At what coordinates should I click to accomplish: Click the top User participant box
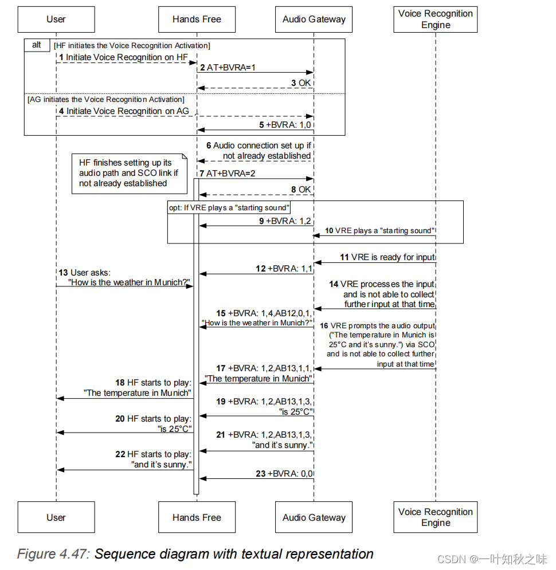point(56,19)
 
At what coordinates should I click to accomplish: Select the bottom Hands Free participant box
point(197,517)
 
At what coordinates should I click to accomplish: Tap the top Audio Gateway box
point(314,19)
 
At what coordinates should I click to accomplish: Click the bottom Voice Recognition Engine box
point(435,517)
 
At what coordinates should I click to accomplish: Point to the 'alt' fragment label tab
point(37,45)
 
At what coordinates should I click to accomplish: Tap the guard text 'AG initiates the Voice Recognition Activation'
point(105,100)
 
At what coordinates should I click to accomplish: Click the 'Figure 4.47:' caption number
point(53,554)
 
